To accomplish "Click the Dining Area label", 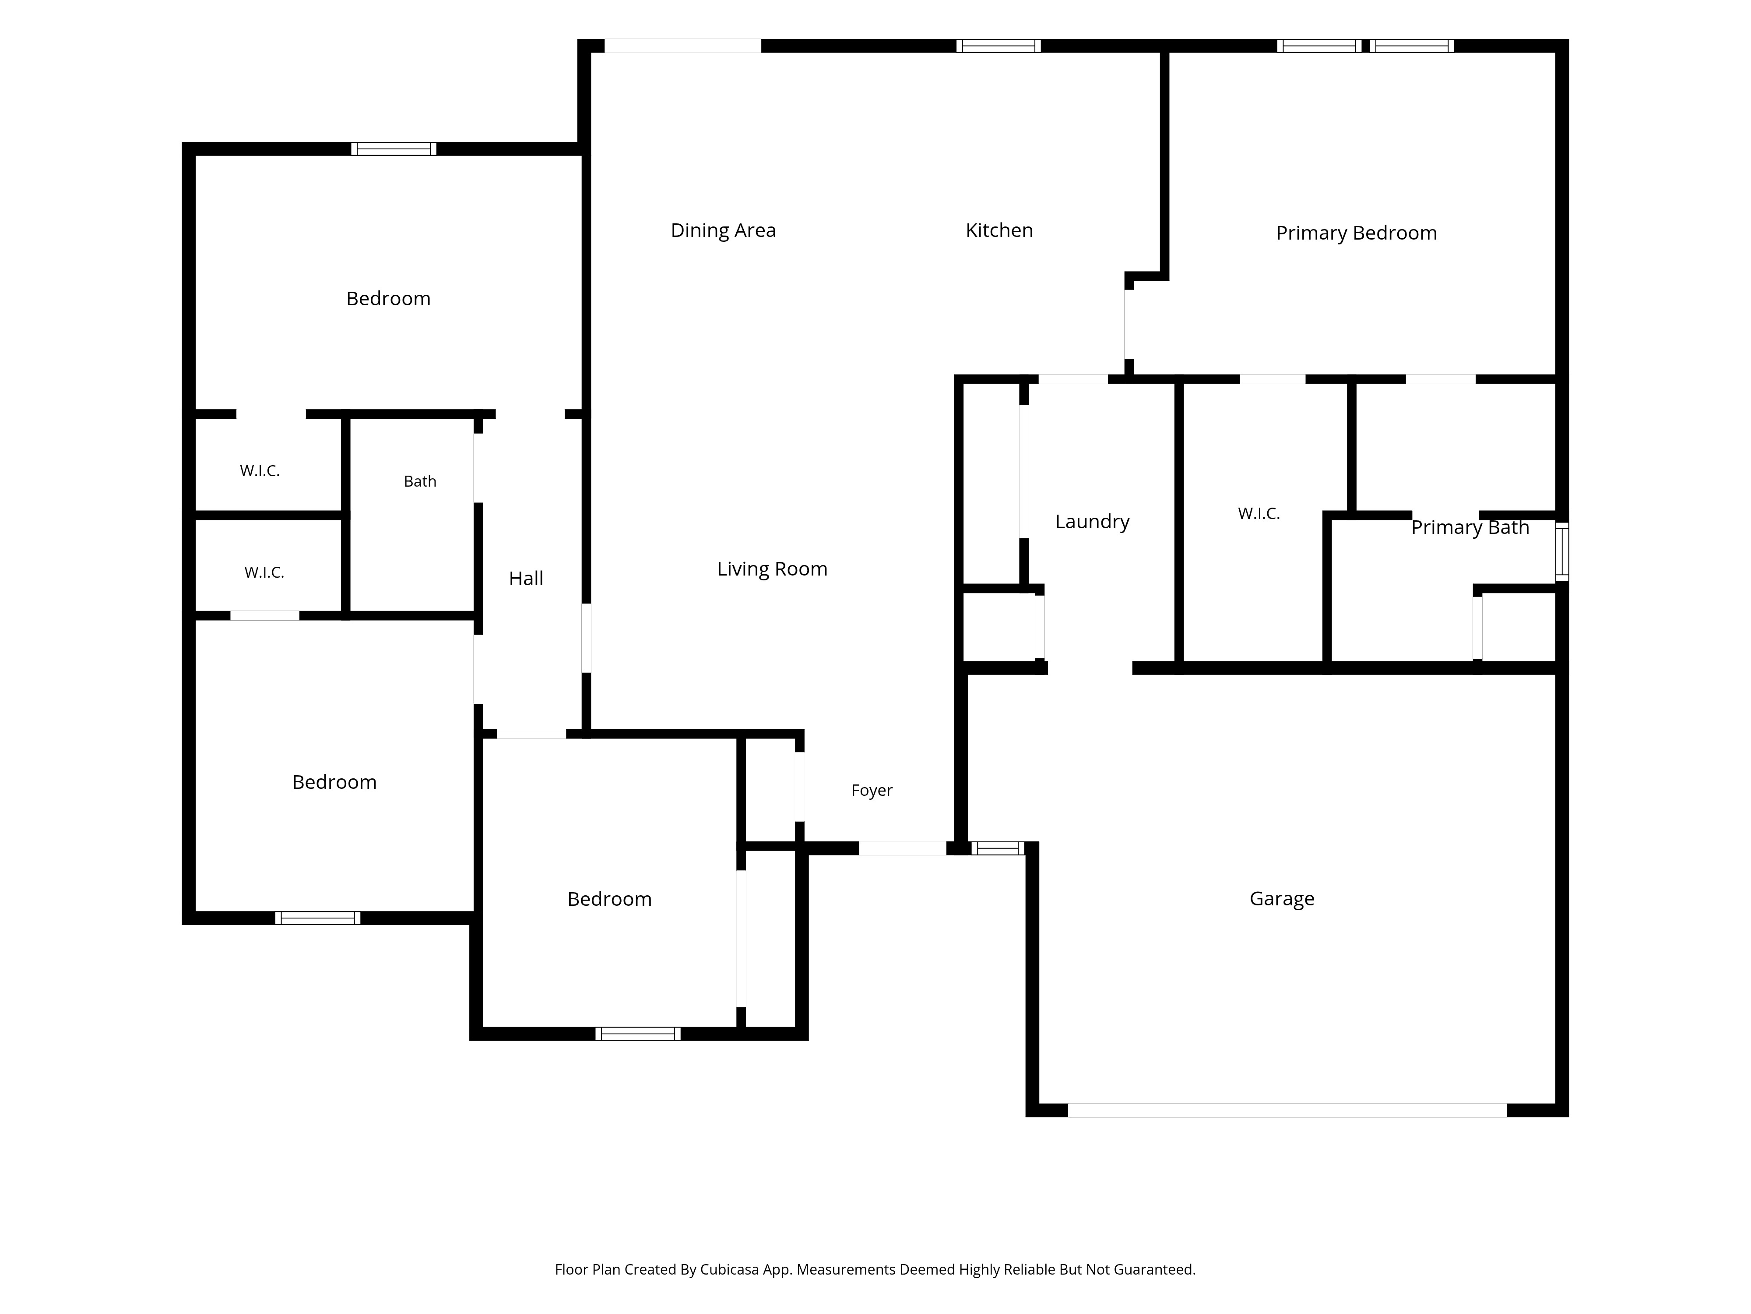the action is (723, 230).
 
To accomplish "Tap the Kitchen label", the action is (999, 230).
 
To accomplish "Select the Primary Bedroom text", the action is (1356, 233).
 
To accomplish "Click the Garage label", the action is (1282, 899).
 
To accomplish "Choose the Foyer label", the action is (872, 791).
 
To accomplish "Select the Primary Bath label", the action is (1470, 527).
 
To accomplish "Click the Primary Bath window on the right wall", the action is (1562, 551).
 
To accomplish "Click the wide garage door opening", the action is (1287, 1110).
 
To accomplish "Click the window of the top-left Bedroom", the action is (394, 149).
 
